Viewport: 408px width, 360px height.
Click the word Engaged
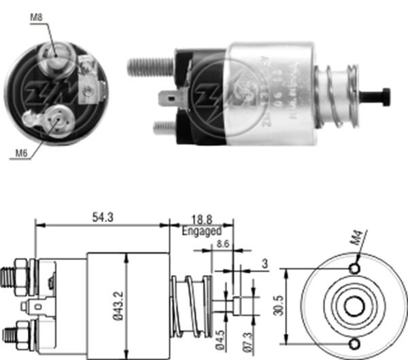(x=202, y=231)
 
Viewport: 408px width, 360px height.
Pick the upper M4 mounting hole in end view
(x=354, y=269)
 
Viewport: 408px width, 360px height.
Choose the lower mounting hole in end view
(x=354, y=342)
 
